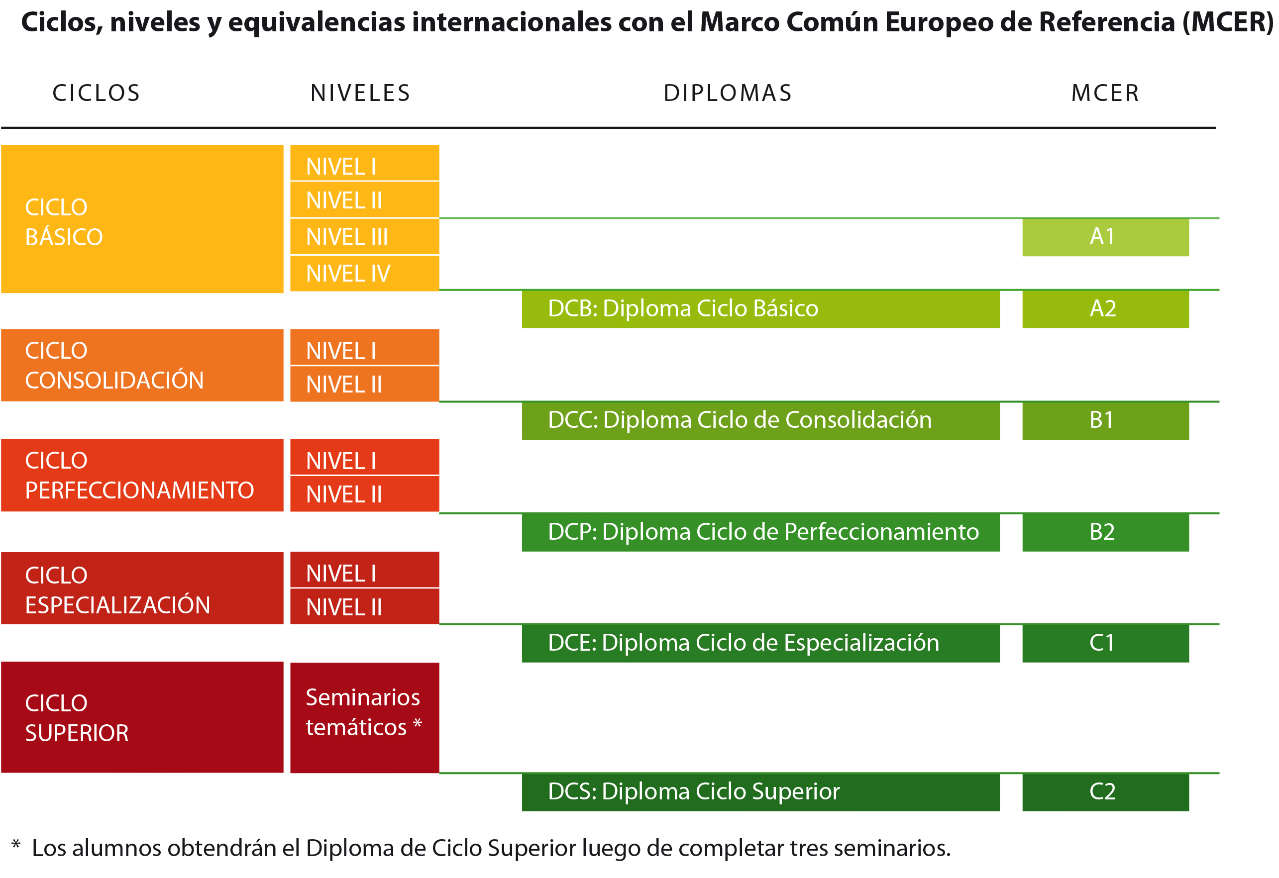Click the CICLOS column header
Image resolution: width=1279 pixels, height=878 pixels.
pos(97,93)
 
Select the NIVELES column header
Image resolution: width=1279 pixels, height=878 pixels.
pos(360,93)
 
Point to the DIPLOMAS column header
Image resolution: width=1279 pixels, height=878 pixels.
pos(728,93)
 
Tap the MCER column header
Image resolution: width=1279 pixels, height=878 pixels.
pos(1105,93)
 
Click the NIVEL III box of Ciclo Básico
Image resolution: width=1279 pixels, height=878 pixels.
pos(364,237)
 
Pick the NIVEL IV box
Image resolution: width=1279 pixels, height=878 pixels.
pos(364,274)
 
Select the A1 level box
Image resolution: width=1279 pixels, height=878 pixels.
pos(1105,237)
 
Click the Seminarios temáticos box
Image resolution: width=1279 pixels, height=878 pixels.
pos(364,717)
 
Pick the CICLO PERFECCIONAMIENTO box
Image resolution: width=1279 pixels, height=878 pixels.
pos(142,475)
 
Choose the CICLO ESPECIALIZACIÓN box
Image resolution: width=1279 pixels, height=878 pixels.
pos(142,588)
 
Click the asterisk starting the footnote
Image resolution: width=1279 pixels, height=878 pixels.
pos(16,845)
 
